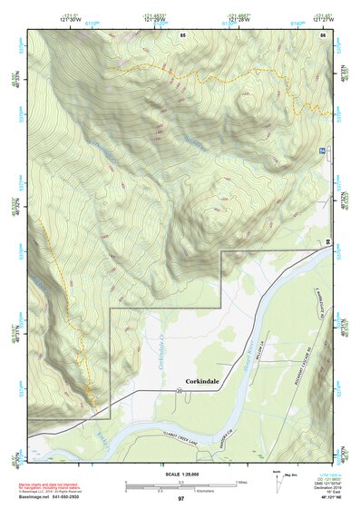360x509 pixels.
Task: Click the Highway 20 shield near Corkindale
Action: (x=180, y=390)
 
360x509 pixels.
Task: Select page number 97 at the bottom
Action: (x=180, y=499)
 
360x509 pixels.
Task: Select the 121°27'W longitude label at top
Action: (x=320, y=17)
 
